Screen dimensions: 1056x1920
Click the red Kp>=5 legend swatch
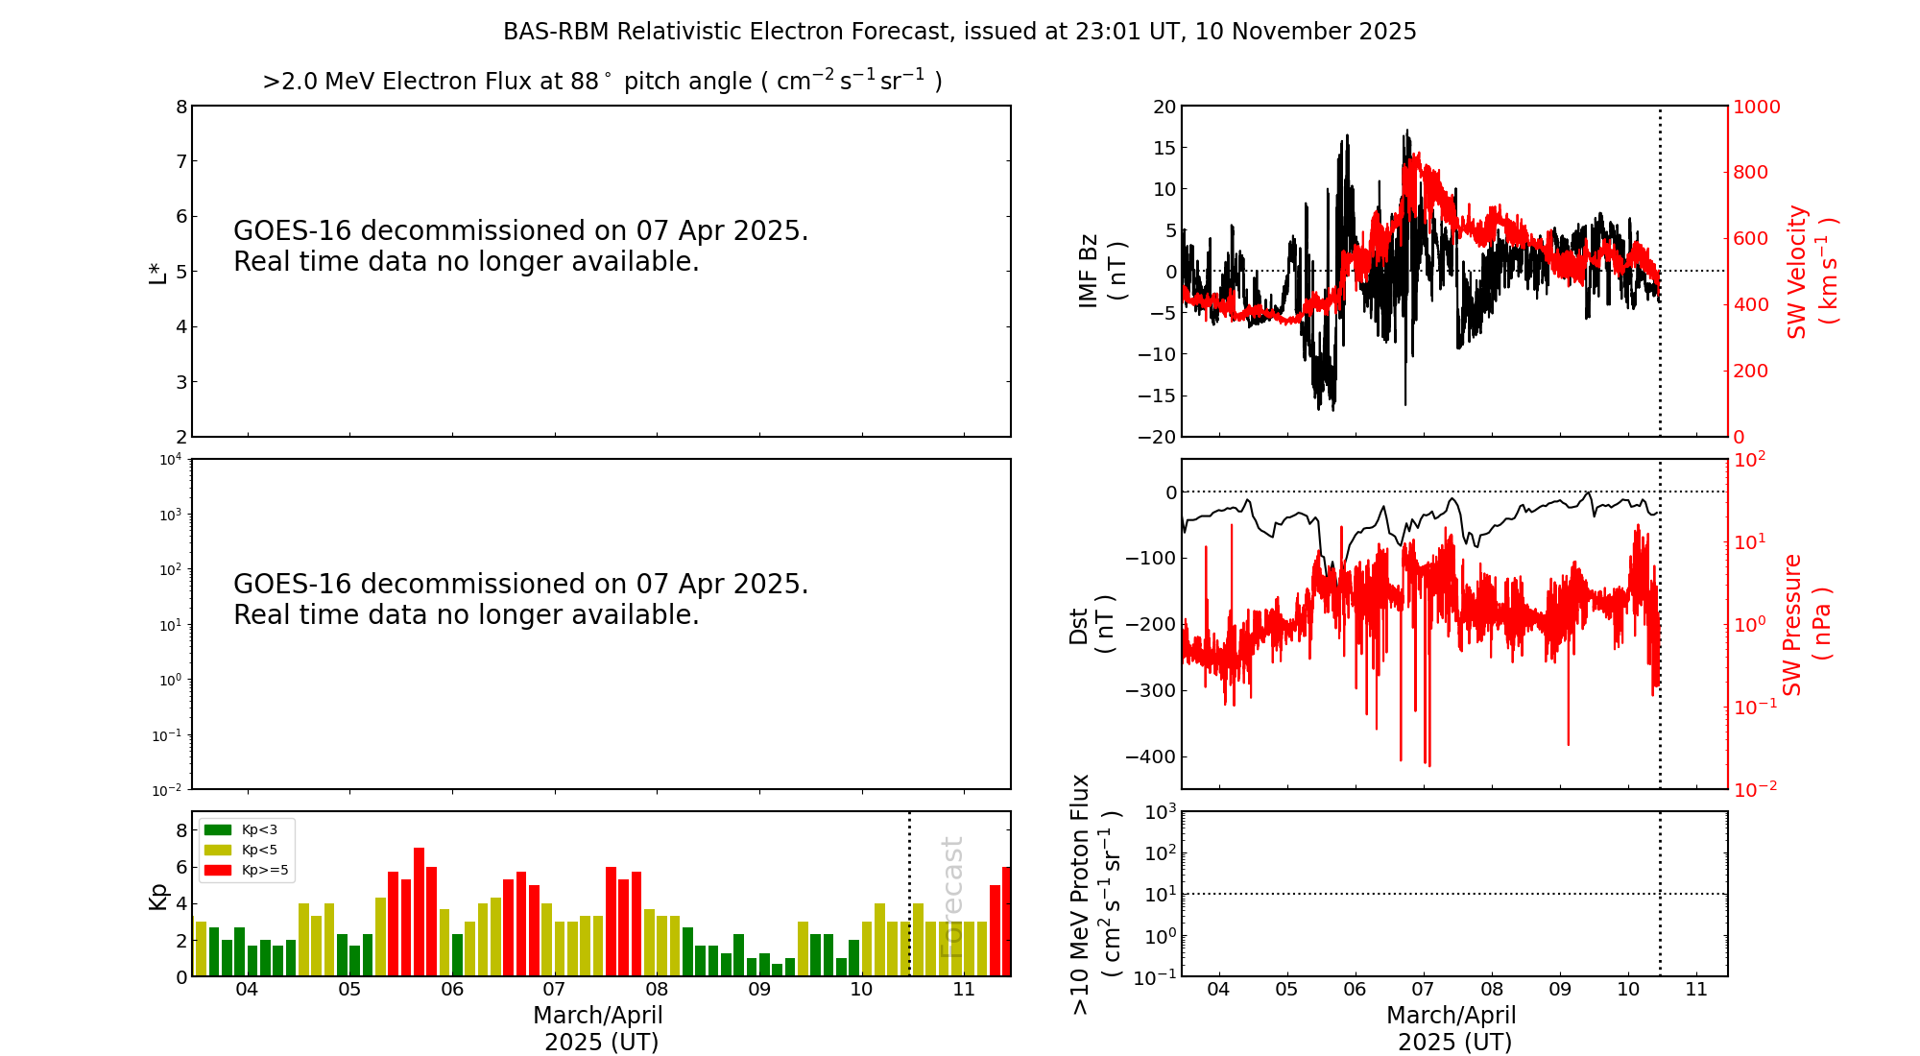(218, 871)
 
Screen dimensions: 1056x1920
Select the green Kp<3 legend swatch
(218, 829)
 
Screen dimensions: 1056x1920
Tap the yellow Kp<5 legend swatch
(218, 850)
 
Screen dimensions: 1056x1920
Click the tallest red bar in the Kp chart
(419, 912)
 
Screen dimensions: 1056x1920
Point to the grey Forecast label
(951, 897)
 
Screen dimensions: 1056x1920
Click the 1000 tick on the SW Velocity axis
(1756, 107)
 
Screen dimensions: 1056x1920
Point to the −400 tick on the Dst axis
(1148, 756)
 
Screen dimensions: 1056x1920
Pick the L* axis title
(157, 272)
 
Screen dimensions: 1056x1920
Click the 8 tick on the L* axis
(180, 107)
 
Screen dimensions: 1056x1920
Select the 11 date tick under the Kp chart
(964, 990)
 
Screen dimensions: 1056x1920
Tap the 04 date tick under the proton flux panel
(1218, 990)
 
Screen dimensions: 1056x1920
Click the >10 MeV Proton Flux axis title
(1095, 894)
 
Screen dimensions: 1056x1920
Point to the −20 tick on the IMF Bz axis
(1156, 437)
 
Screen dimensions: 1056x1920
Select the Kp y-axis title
(157, 895)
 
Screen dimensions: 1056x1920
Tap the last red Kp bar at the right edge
(1006, 922)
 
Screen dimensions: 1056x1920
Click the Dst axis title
(1092, 624)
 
